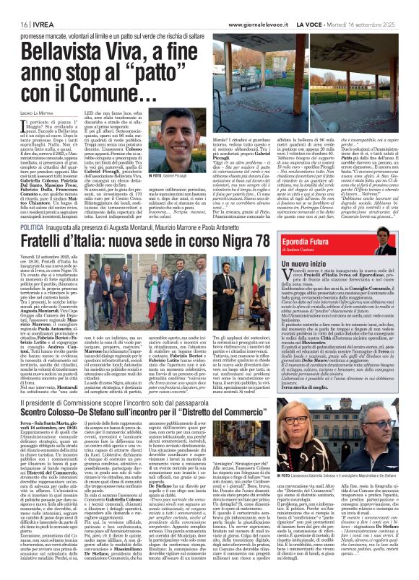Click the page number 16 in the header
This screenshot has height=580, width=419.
[14, 6]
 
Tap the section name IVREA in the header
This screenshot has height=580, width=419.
[35, 6]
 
